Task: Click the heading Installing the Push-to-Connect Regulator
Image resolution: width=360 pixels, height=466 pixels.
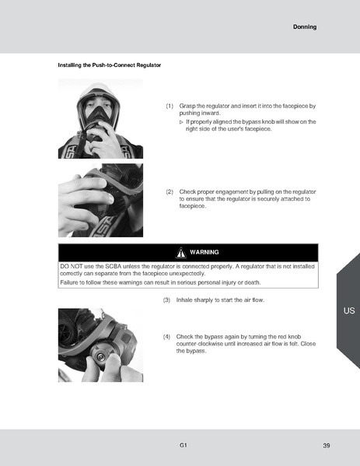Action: point(110,65)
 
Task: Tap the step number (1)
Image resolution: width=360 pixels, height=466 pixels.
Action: point(170,105)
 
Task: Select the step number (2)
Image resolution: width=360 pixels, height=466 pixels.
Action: point(170,191)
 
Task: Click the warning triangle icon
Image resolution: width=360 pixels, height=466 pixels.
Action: point(180,252)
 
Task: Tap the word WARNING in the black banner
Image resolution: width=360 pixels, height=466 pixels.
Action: point(204,252)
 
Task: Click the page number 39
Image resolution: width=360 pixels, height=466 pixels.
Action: point(327,445)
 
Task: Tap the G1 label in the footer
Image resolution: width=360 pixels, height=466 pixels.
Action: point(183,445)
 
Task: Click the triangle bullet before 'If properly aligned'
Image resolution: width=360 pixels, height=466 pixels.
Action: point(180,121)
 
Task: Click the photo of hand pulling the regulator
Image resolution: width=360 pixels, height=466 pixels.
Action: point(100,200)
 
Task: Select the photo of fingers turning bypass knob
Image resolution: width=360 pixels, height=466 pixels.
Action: point(100,345)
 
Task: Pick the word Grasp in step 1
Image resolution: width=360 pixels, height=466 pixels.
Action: point(187,105)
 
